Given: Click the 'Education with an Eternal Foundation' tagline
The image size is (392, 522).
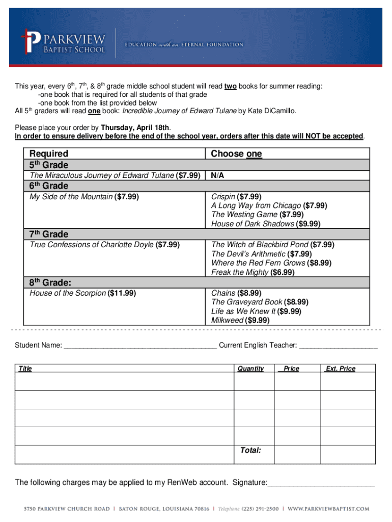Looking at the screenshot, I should coord(184,45).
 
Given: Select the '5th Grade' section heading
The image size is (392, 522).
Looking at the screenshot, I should coord(49,165).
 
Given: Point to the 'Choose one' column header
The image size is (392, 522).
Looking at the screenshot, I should coord(236,153).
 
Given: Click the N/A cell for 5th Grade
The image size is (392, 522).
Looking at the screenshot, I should coord(217,175).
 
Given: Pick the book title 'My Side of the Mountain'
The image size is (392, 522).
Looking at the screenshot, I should coord(71,196).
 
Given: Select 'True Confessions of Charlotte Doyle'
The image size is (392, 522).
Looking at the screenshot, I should coord(92,245).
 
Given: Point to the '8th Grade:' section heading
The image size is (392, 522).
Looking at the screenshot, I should coord(50,282).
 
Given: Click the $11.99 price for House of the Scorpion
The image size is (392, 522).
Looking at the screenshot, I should coord(122,293).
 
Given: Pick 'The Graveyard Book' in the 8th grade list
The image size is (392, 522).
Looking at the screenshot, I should coord(246,302).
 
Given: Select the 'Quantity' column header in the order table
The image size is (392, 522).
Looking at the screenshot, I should coord(250,369).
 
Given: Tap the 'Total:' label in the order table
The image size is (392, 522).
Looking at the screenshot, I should coord(250,451).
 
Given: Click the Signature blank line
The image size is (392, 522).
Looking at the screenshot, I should coord(321,483).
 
